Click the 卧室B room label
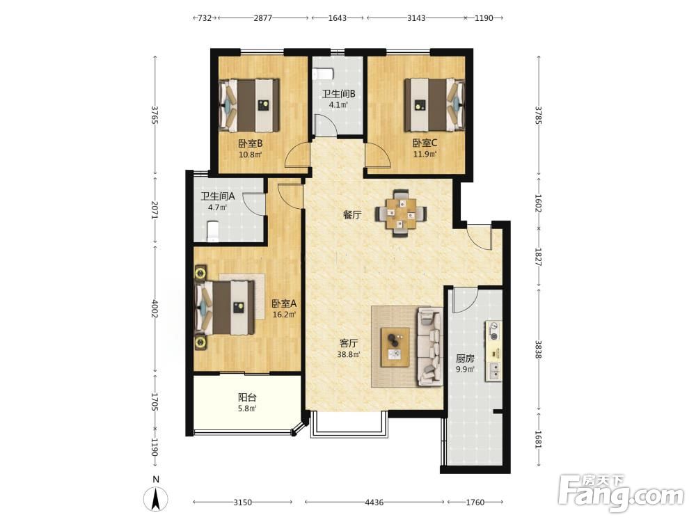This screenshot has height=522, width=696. coord(251,143)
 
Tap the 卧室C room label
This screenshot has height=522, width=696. coord(425,143)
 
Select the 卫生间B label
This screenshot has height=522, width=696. coord(339,94)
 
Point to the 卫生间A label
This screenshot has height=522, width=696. coord(217,196)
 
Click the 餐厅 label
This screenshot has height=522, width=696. coord(352,215)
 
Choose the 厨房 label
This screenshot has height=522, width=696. coord(465,358)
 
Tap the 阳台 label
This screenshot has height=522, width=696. coord(247,397)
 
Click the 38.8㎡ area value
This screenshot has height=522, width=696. coord(349,354)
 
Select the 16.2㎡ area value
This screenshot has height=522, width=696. coord(284,315)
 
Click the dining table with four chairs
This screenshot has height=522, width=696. coord(402,214)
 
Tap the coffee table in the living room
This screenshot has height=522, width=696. coord(395,347)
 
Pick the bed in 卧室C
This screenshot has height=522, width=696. coord(434,105)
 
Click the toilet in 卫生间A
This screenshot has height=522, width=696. coord(213,232)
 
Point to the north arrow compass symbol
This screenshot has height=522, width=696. coord(156,498)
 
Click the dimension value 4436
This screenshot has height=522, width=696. coord(374,502)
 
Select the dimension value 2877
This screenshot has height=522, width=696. coord(263,18)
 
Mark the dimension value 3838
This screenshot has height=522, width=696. coord(539,349)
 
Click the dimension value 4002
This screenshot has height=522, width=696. coord(155,308)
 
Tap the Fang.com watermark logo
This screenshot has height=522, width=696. coord(621,493)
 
